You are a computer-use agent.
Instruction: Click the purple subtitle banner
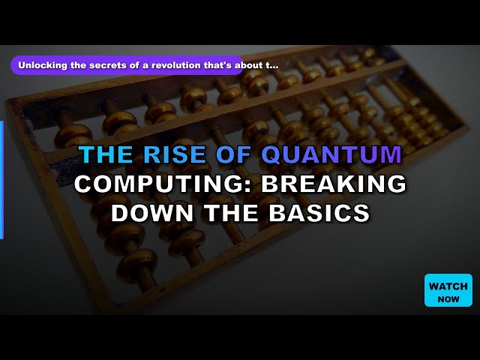pos(127,65)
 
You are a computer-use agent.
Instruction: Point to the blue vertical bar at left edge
pos(1,180)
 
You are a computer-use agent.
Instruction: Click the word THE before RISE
pos(105,154)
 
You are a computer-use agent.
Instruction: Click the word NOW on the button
pos(448,298)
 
